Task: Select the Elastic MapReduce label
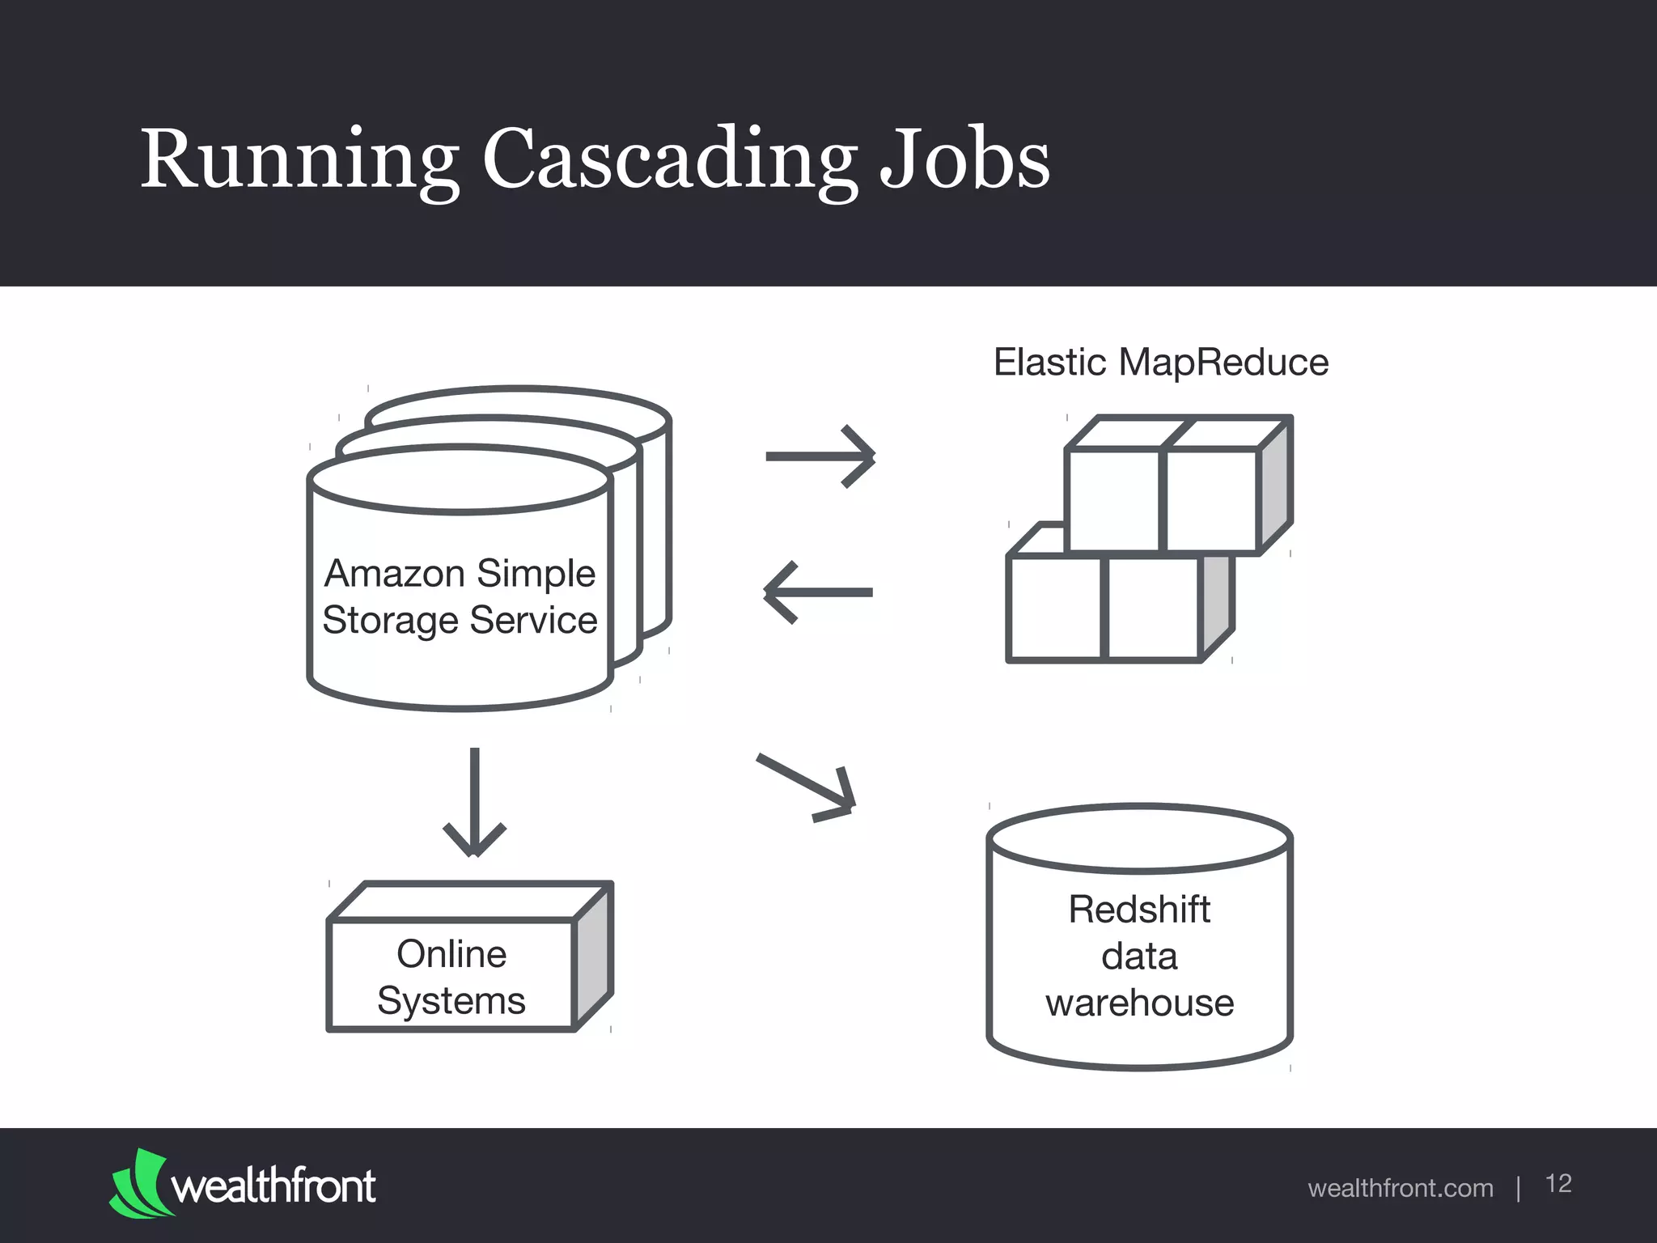click(x=1160, y=362)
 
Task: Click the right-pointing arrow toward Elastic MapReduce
click(x=820, y=456)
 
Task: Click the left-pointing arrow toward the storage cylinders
click(x=818, y=592)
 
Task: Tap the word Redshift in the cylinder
click(x=1138, y=910)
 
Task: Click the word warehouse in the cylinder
click(x=1139, y=1003)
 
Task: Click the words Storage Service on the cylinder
click(x=460, y=621)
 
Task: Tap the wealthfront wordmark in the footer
click(x=273, y=1186)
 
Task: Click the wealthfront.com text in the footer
click(x=1400, y=1188)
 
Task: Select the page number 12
click(x=1558, y=1184)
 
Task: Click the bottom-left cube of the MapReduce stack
click(x=1055, y=607)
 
